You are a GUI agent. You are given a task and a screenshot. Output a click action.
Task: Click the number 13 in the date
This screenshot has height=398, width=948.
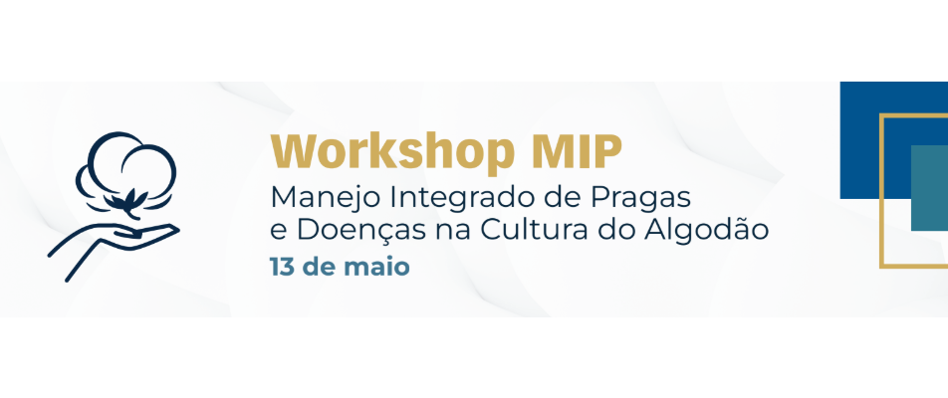tap(283, 267)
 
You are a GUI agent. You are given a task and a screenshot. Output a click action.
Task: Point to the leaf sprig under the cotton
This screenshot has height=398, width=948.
tap(127, 203)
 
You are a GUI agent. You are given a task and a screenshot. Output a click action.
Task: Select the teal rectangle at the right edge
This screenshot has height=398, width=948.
tap(929, 188)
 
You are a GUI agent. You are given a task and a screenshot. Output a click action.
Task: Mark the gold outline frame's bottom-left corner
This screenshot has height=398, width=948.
tap(880, 267)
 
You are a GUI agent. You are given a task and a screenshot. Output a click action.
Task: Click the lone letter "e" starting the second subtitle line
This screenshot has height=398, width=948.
tap(276, 233)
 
